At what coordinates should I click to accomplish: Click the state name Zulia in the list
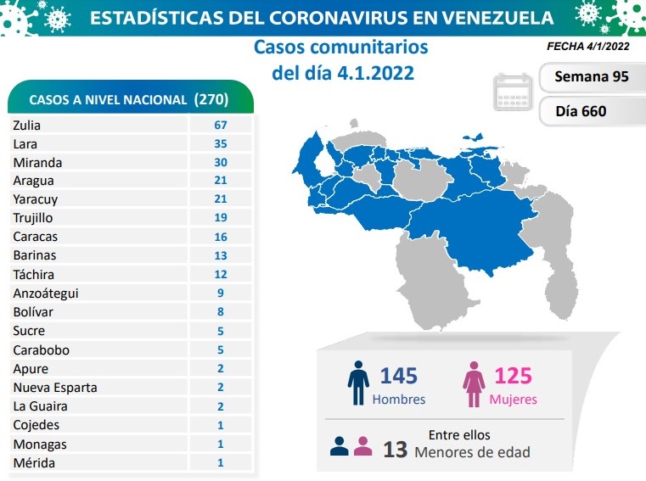(27, 125)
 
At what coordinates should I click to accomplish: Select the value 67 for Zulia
(221, 125)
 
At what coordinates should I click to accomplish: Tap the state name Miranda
(37, 162)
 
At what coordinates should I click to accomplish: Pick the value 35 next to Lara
(221, 143)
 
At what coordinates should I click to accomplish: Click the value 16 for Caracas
(221, 237)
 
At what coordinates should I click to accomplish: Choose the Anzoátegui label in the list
(48, 294)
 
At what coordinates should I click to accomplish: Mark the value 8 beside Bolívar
(221, 312)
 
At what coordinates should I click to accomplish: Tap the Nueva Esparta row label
(55, 388)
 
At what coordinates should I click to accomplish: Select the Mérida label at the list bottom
(34, 462)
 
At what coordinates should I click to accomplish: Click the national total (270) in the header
(211, 99)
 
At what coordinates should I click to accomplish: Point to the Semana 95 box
(591, 76)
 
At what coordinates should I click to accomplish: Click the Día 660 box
(581, 110)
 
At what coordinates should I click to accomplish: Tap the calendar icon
(513, 93)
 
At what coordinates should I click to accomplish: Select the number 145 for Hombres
(398, 376)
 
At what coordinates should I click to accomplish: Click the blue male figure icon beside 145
(358, 384)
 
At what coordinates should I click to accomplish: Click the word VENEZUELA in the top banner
(486, 17)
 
